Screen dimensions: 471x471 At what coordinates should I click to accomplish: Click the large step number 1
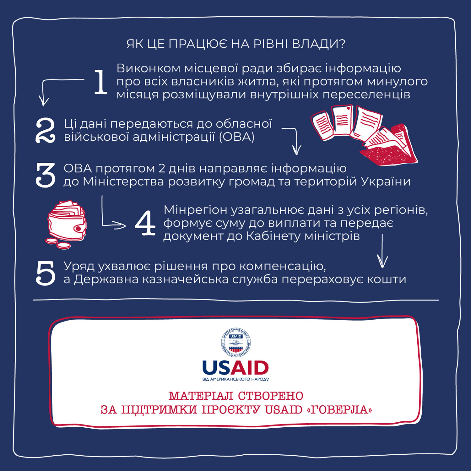(101, 82)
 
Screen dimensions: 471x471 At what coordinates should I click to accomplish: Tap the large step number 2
(46, 131)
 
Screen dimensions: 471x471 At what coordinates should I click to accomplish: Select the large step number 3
(46, 175)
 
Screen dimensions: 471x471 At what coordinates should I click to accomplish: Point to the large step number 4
(145, 223)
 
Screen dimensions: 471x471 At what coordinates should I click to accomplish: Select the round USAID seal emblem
(235, 343)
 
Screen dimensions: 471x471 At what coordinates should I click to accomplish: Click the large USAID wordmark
(235, 368)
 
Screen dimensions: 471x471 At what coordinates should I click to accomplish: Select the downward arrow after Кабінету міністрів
(382, 251)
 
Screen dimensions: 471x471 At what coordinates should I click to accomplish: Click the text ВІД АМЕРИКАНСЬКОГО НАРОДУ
(235, 379)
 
